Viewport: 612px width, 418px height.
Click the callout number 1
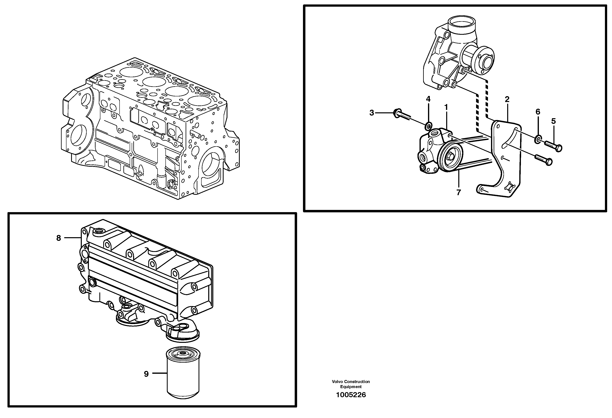click(446, 107)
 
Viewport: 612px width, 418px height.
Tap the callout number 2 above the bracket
click(507, 99)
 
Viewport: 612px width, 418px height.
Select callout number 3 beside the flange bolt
click(372, 113)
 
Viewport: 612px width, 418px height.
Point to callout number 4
click(428, 99)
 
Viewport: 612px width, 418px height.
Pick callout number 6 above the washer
click(538, 112)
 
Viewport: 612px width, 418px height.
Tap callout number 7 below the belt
click(458, 193)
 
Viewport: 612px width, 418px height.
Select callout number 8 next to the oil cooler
click(58, 238)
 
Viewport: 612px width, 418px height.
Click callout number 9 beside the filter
click(146, 374)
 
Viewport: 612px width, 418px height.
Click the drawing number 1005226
click(351, 395)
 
